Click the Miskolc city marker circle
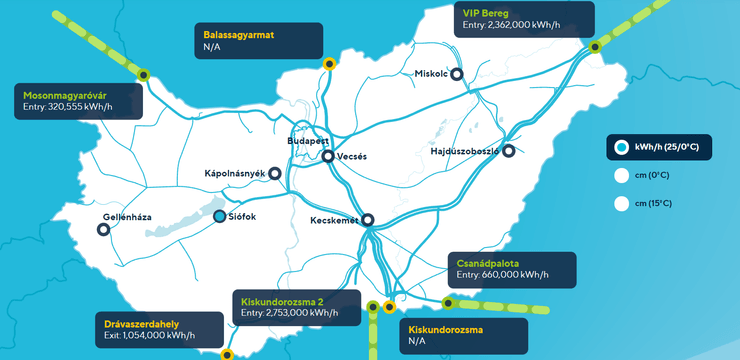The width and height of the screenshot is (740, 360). pyautogui.click(x=457, y=73)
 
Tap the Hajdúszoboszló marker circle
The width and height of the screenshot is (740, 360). pyautogui.click(x=509, y=151)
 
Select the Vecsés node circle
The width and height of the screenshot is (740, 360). pyautogui.click(x=327, y=155)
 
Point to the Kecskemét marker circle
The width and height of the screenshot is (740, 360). pyautogui.click(x=367, y=220)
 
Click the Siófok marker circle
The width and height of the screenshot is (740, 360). pyautogui.click(x=220, y=215)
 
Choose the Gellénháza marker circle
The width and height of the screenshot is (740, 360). pyautogui.click(x=103, y=229)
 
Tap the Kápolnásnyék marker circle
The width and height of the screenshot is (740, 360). pyautogui.click(x=275, y=173)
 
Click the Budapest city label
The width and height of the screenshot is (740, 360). pyautogui.click(x=307, y=142)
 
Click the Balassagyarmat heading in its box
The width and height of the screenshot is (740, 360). pyautogui.click(x=237, y=34)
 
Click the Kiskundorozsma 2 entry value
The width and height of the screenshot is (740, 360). pyautogui.click(x=289, y=313)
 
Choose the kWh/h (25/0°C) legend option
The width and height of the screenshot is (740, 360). pyautogui.click(x=622, y=148)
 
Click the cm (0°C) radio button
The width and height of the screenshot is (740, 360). pyautogui.click(x=622, y=176)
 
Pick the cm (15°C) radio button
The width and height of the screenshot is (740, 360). pyautogui.click(x=622, y=203)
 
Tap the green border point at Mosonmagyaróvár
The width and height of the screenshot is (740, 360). pyautogui.click(x=143, y=74)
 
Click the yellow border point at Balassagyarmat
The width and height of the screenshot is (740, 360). pyautogui.click(x=329, y=64)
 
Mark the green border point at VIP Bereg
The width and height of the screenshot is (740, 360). pyautogui.click(x=594, y=47)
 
